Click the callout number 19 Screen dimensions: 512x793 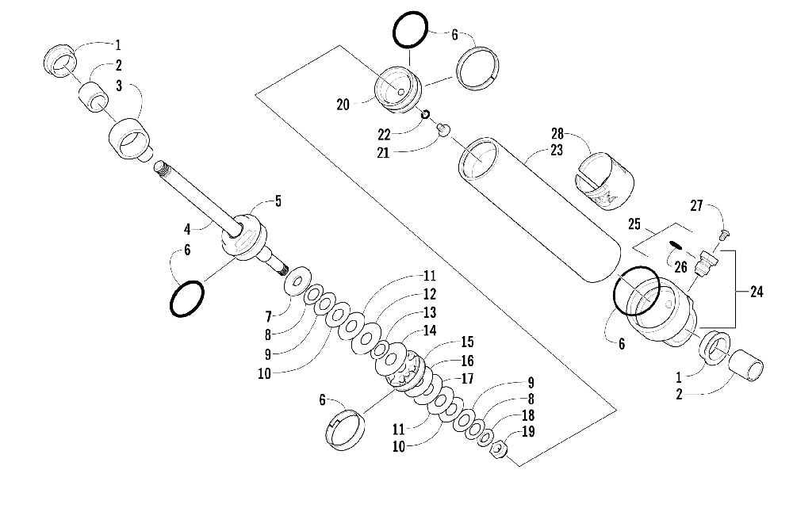[x=528, y=433]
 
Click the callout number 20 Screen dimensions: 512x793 [x=343, y=103]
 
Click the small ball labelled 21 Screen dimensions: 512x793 [x=444, y=128]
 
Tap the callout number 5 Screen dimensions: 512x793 [x=278, y=202]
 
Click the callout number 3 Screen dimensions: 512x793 [x=117, y=86]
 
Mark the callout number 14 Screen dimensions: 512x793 [x=429, y=331]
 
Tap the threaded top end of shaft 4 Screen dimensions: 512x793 [x=163, y=168]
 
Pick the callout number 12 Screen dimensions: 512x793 [x=429, y=294]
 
